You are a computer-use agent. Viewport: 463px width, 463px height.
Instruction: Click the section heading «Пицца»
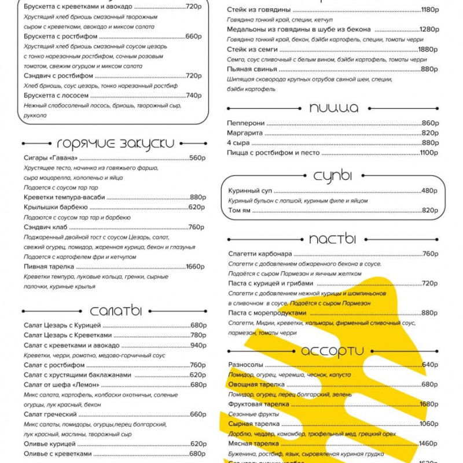click(333, 108)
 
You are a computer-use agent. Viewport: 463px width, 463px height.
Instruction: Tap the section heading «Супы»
click(333, 176)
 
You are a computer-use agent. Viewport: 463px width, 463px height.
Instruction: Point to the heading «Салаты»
click(116, 311)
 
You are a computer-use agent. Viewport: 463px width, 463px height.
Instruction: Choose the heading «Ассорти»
click(332, 350)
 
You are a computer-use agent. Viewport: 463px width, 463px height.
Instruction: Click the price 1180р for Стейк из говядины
click(429, 10)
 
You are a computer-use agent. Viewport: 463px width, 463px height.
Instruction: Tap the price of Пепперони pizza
click(430, 123)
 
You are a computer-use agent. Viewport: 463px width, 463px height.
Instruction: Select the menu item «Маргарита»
click(245, 133)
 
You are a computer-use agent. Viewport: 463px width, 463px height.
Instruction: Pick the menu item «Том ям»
click(240, 210)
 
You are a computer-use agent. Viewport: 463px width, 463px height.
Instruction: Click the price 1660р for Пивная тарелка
click(194, 267)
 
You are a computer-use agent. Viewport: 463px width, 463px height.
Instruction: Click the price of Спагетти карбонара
click(430, 253)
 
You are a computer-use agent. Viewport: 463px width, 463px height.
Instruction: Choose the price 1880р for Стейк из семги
click(428, 49)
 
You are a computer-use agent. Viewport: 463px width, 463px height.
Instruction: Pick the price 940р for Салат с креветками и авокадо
click(198, 346)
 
